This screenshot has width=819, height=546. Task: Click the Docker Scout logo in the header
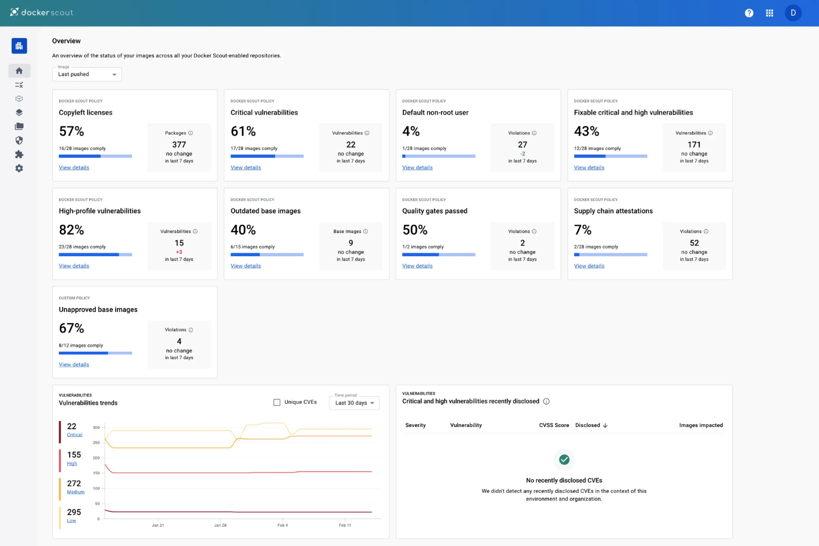[x=42, y=12]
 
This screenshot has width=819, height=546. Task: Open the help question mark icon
[x=749, y=13]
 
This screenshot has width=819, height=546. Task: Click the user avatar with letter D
[x=793, y=13]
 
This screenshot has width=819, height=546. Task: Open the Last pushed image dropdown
[x=87, y=74]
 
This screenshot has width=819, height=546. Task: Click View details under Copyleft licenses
[x=74, y=168]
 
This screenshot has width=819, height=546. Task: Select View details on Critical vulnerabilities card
[x=246, y=168]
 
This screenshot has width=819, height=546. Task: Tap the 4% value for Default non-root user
[x=411, y=131]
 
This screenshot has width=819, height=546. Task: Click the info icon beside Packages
[x=190, y=133]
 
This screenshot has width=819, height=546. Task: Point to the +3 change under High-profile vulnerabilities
[x=179, y=252]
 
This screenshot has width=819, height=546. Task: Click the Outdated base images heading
[x=266, y=211]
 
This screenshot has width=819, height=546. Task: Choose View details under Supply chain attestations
[x=589, y=266]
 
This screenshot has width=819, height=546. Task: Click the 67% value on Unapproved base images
[x=71, y=328]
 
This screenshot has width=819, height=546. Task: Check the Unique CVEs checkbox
[x=277, y=402]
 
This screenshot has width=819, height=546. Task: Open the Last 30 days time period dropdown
[x=355, y=403]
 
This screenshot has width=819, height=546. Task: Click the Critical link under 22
[x=75, y=435]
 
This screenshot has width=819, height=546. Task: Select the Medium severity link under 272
[x=76, y=492]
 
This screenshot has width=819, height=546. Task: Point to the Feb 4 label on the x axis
[x=282, y=525]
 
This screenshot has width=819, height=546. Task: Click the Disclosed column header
[x=588, y=425]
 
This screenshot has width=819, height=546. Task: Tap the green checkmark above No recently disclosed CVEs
[x=564, y=459]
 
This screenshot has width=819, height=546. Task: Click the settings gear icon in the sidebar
[x=19, y=168]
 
